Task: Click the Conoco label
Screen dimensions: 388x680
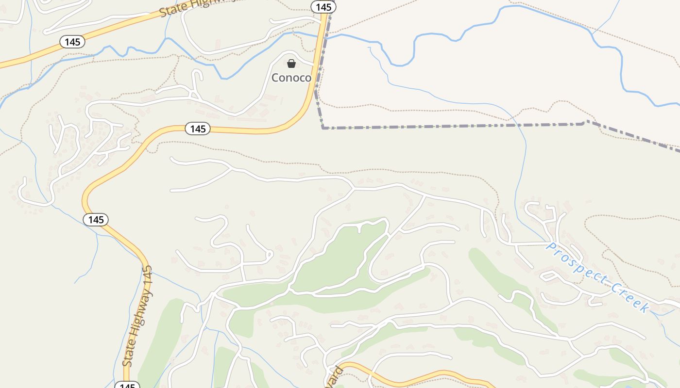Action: [x=291, y=78]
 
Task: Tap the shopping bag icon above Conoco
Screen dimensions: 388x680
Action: [x=291, y=64]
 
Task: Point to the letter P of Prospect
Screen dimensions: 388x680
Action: [x=551, y=247]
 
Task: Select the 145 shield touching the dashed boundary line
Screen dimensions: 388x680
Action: [x=323, y=7]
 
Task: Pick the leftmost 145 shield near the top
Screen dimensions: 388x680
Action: [x=72, y=42]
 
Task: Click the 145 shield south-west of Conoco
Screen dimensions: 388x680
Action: [x=198, y=129]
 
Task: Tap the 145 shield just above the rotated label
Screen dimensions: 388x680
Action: [x=96, y=220]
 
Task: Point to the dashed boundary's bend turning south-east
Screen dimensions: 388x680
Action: [x=587, y=121]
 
